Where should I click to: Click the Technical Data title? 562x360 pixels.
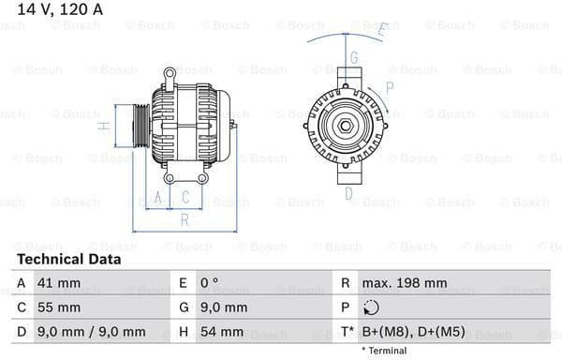click(x=68, y=259)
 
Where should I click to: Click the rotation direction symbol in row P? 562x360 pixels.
click(x=373, y=307)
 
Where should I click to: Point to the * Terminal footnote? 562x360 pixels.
click(x=385, y=351)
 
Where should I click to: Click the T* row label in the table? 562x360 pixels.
click(x=347, y=332)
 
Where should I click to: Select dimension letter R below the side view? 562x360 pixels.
click(x=185, y=220)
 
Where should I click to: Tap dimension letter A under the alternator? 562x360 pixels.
click(x=159, y=197)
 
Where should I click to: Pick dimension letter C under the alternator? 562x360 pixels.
click(x=185, y=197)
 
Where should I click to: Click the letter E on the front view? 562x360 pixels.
click(x=381, y=30)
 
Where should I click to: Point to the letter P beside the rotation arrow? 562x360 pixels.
click(x=390, y=87)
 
